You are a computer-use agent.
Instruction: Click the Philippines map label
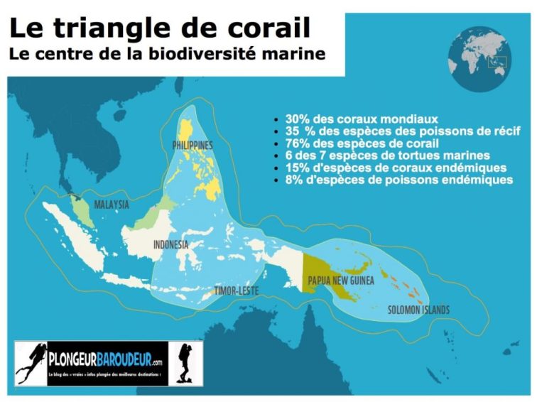click(x=192, y=145)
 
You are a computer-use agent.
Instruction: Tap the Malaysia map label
click(x=112, y=205)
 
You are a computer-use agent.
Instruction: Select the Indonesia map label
click(x=170, y=244)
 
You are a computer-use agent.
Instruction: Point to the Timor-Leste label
click(x=237, y=291)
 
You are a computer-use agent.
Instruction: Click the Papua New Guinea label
click(x=340, y=281)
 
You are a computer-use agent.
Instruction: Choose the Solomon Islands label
click(x=418, y=310)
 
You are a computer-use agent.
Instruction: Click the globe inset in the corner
click(x=480, y=58)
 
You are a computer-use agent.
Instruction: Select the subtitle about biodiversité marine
click(x=167, y=53)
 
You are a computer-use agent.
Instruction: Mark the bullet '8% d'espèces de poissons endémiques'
click(x=398, y=180)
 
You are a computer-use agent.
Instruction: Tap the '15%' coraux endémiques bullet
click(x=396, y=168)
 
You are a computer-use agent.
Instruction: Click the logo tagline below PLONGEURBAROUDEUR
click(x=107, y=374)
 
